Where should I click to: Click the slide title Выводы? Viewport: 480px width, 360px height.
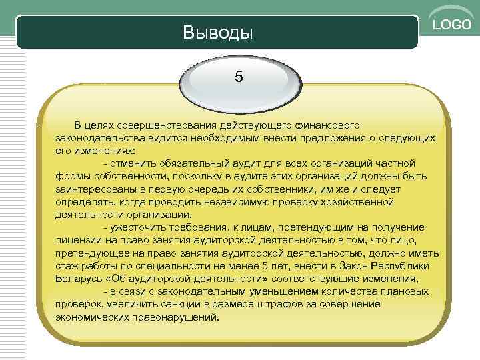pos(217,33)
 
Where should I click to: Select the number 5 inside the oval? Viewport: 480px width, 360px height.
pos(239,76)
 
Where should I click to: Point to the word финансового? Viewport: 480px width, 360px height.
pos(326,126)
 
